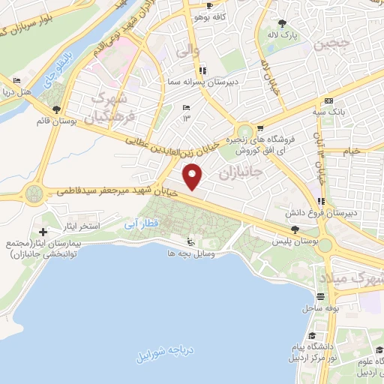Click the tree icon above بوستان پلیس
click(x=294, y=231)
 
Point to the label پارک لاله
click(x=283, y=35)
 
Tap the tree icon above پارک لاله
click(x=283, y=23)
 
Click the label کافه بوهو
click(x=209, y=16)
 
